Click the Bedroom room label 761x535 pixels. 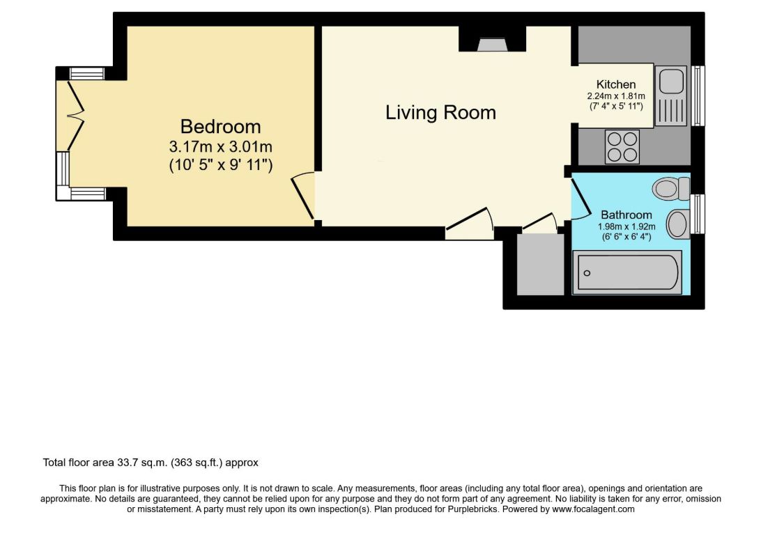(x=220, y=127)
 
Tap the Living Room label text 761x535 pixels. (x=440, y=113)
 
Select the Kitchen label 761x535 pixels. (x=616, y=84)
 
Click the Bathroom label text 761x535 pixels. (x=626, y=215)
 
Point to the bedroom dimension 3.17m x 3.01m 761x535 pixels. (x=220, y=146)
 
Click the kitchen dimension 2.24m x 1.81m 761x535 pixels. (x=616, y=96)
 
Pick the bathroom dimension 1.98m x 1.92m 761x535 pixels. (x=626, y=226)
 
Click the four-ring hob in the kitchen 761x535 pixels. (x=623, y=147)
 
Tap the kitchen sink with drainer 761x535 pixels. (x=671, y=95)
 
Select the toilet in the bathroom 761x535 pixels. (x=671, y=188)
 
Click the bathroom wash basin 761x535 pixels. (x=678, y=224)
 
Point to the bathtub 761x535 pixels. (x=627, y=272)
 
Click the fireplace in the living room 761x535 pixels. (x=492, y=45)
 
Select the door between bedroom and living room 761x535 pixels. (x=303, y=196)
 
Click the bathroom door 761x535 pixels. (x=581, y=199)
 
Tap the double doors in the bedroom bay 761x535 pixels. (x=76, y=116)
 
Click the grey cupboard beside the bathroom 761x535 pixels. (x=540, y=264)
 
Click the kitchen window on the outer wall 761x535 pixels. (x=698, y=95)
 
